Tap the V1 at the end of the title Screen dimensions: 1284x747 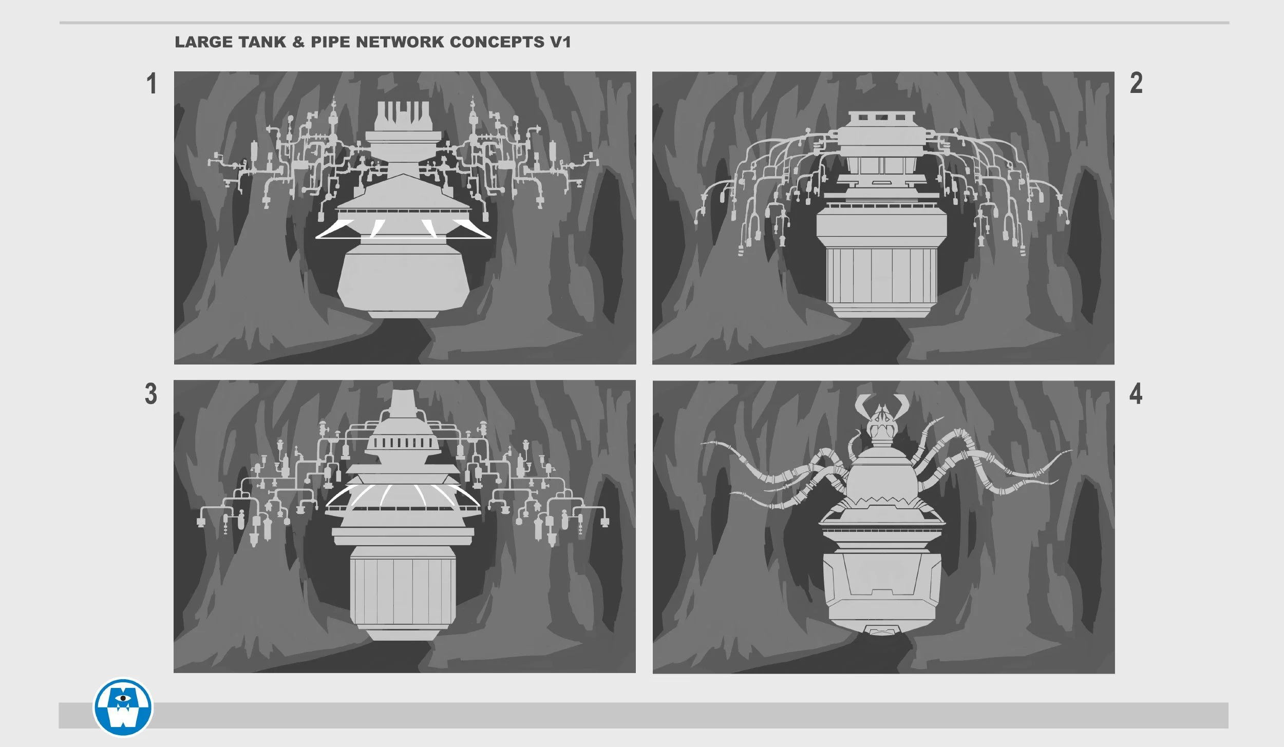pos(560,42)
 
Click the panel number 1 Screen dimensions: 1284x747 pos(151,83)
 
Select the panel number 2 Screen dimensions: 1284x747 pos(1136,83)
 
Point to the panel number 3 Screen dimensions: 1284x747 pos(151,394)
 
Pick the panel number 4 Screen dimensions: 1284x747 pos(1136,394)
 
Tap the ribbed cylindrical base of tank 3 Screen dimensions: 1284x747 pos(403,590)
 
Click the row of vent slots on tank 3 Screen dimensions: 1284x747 pos(403,443)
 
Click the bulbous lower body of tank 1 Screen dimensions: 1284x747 pos(403,280)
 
